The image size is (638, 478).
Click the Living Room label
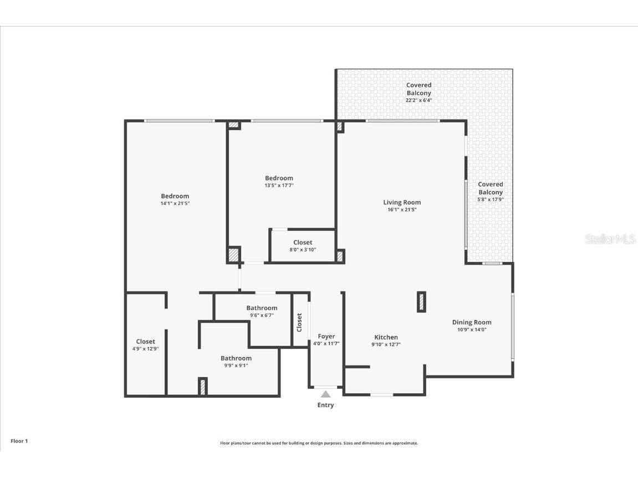click(x=402, y=202)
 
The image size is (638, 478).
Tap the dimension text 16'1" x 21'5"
click(x=402, y=210)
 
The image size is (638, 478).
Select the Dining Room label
click(x=472, y=322)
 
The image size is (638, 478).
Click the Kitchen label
click(x=386, y=337)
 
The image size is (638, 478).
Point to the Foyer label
click(x=326, y=336)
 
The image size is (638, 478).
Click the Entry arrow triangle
click(x=326, y=394)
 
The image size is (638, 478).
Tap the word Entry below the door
click(x=325, y=405)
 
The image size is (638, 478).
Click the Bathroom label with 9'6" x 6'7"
click(x=262, y=308)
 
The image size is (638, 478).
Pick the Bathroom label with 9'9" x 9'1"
click(x=236, y=358)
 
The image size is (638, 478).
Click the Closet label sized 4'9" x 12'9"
click(x=146, y=342)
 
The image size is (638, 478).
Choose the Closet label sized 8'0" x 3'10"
click(x=303, y=242)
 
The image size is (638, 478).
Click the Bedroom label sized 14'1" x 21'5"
click(x=175, y=196)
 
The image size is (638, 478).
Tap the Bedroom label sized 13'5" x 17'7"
click(x=279, y=178)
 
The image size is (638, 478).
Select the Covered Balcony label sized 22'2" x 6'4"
click(x=418, y=89)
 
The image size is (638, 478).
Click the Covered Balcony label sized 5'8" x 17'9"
click(x=491, y=188)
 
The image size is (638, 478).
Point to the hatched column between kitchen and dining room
click(x=421, y=302)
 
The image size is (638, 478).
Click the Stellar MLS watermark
click(x=610, y=239)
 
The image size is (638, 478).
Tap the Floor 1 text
click(x=19, y=441)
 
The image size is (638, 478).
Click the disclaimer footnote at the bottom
click(x=319, y=443)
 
